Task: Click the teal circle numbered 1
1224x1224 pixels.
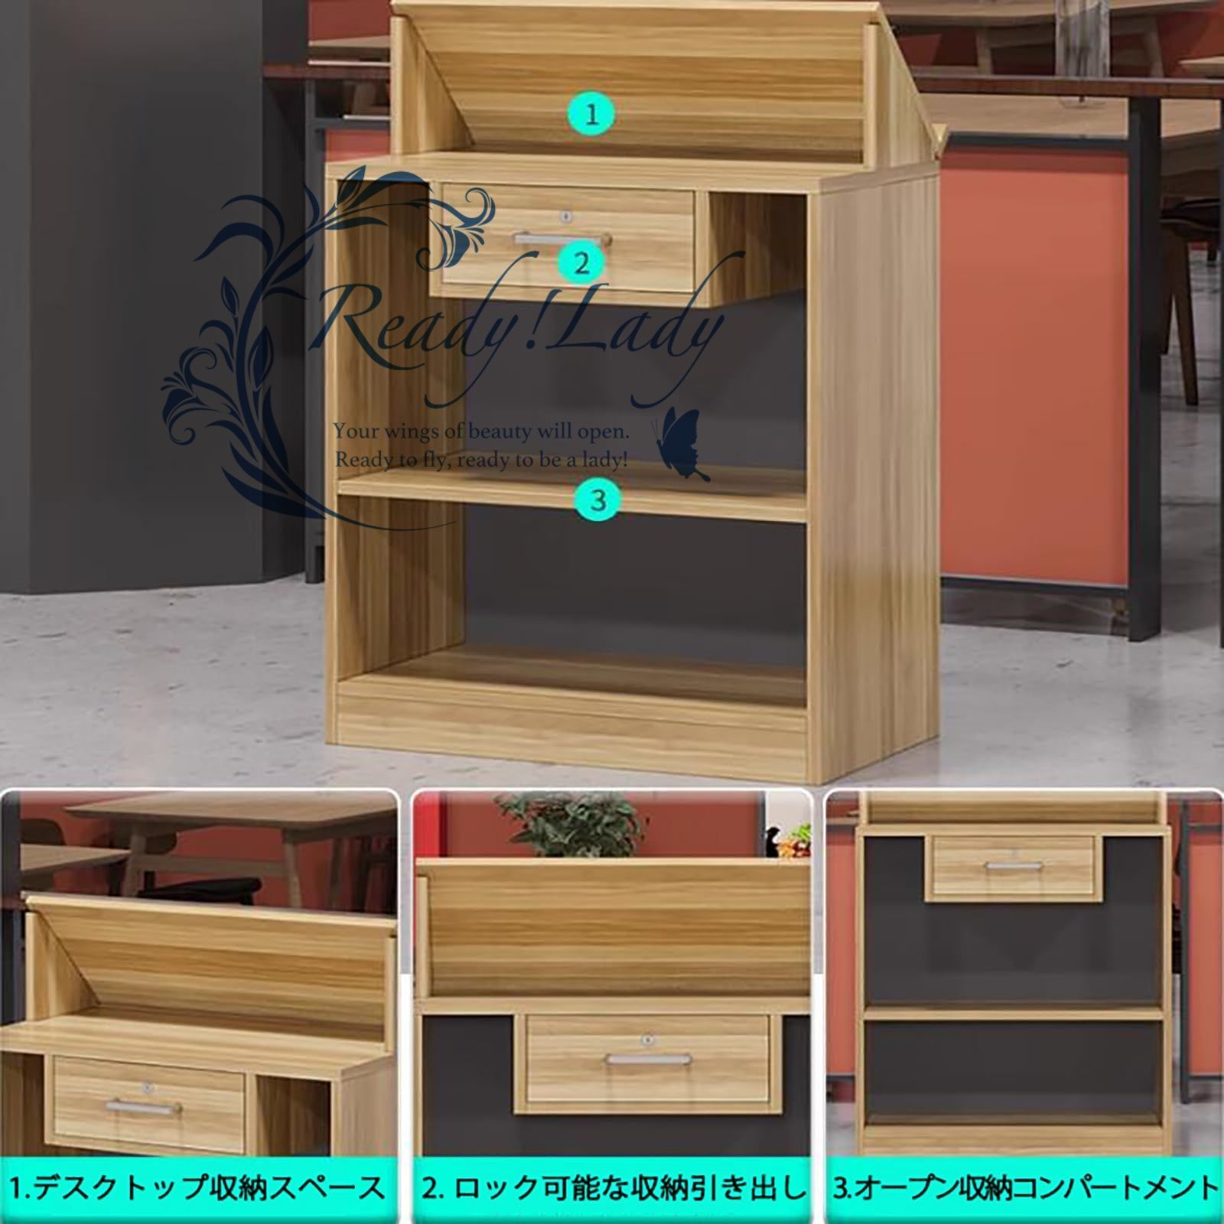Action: (x=591, y=115)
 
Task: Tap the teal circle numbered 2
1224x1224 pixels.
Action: (x=582, y=263)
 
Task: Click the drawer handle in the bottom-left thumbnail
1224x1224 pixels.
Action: (x=144, y=1106)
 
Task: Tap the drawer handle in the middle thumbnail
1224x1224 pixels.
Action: (x=648, y=1060)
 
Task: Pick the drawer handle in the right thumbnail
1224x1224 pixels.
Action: (x=1014, y=866)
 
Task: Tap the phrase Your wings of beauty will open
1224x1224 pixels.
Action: (x=481, y=432)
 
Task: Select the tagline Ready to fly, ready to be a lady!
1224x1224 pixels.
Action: (x=481, y=460)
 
